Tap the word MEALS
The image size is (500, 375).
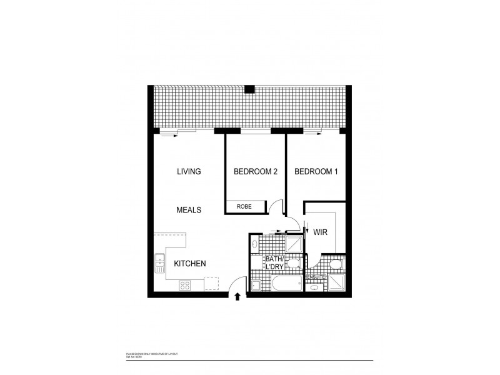point(188,210)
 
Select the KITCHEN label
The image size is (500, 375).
point(190,264)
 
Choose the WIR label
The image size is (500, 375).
point(321,231)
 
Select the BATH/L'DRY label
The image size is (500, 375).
point(274,263)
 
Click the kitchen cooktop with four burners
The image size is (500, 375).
point(186,285)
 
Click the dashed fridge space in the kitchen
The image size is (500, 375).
point(212,284)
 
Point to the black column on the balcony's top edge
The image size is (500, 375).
point(249,88)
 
